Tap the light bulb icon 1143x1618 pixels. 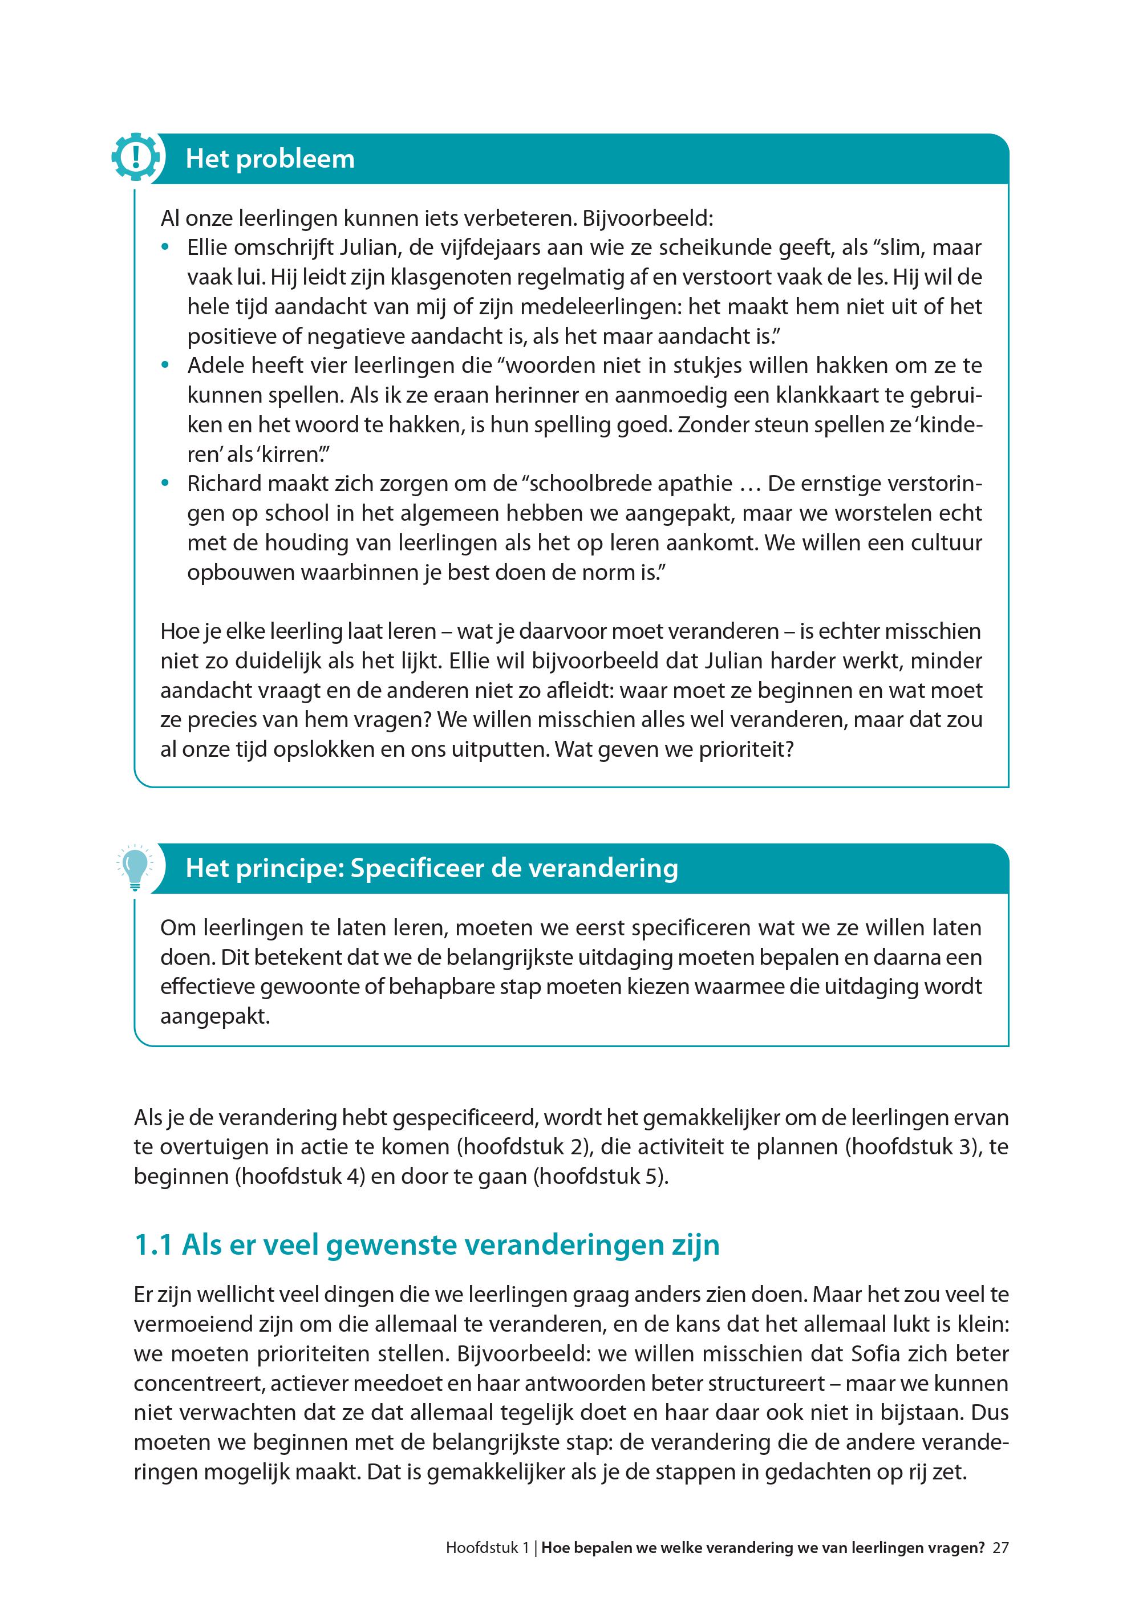pyautogui.click(x=136, y=866)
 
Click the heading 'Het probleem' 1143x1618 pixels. pyautogui.click(x=270, y=159)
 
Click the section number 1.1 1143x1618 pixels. pyautogui.click(x=153, y=1245)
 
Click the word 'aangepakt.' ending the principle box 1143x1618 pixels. pyautogui.click(x=216, y=1017)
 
